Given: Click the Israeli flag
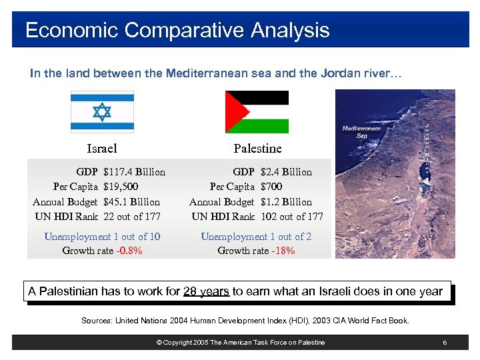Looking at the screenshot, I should [x=102, y=111].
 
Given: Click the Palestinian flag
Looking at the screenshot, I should [x=257, y=112].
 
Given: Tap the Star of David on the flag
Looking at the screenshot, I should [x=102, y=111].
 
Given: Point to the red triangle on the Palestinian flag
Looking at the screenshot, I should [x=233, y=112].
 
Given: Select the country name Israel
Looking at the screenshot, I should [x=102, y=148].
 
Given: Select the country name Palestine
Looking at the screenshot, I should [x=257, y=148].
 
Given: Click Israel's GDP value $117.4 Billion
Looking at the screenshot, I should [x=135, y=172].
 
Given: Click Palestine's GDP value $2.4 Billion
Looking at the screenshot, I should [x=286, y=172].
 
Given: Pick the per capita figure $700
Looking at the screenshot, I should [x=271, y=187].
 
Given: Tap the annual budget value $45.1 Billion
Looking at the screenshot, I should [x=132, y=201].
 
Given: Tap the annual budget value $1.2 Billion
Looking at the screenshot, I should [x=286, y=201].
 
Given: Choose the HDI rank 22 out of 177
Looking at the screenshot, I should [x=133, y=216].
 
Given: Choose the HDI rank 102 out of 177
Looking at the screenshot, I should [x=292, y=216].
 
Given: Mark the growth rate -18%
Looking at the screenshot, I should [x=283, y=251].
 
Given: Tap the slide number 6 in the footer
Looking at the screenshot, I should [x=444, y=343].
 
